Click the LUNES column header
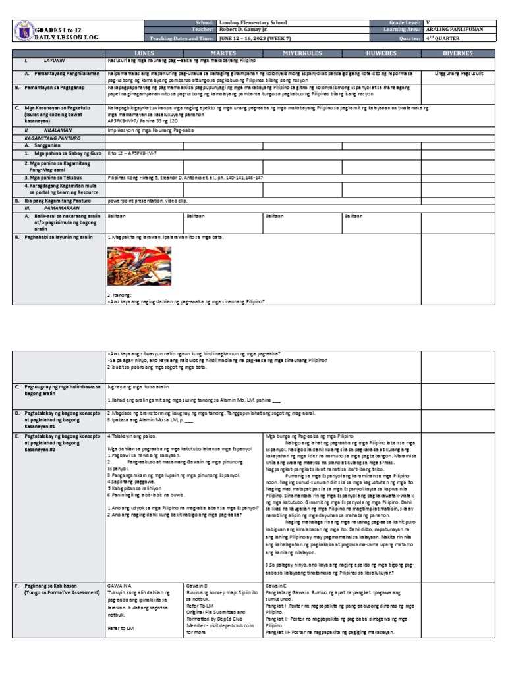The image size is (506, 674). point(144,51)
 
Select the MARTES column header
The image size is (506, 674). point(223,51)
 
